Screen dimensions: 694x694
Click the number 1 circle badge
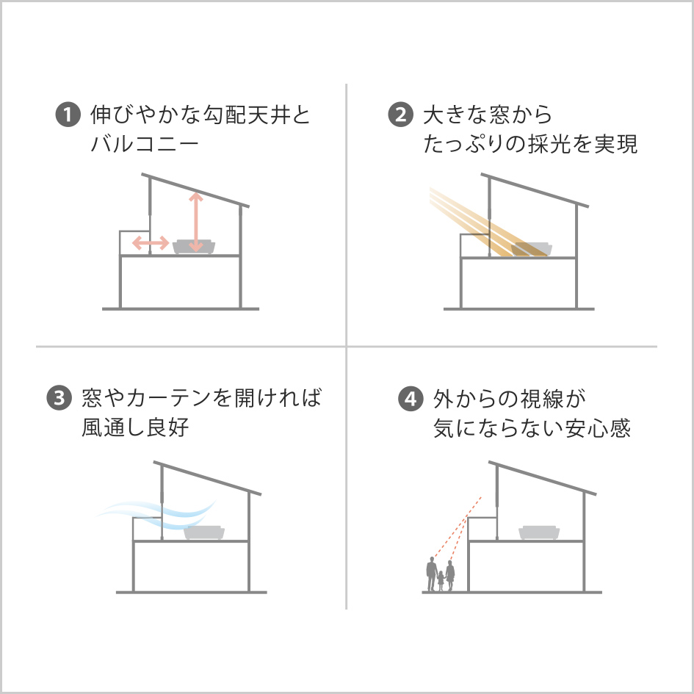68,114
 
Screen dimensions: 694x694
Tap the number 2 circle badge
400,114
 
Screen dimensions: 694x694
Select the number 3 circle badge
59,397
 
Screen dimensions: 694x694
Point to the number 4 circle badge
411,398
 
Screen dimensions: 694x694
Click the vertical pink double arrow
195,222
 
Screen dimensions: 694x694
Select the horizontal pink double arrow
151,242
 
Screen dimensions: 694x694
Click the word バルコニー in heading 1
145,144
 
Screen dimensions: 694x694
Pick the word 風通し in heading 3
113,427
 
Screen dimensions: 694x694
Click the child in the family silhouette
441,580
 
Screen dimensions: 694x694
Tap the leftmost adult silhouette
431,574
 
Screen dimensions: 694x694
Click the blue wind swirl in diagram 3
156,514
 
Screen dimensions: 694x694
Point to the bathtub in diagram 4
538,532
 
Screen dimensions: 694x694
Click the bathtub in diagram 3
204,532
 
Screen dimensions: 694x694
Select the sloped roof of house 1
195,190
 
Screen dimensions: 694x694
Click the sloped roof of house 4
542,478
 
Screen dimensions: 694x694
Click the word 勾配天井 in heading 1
245,114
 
